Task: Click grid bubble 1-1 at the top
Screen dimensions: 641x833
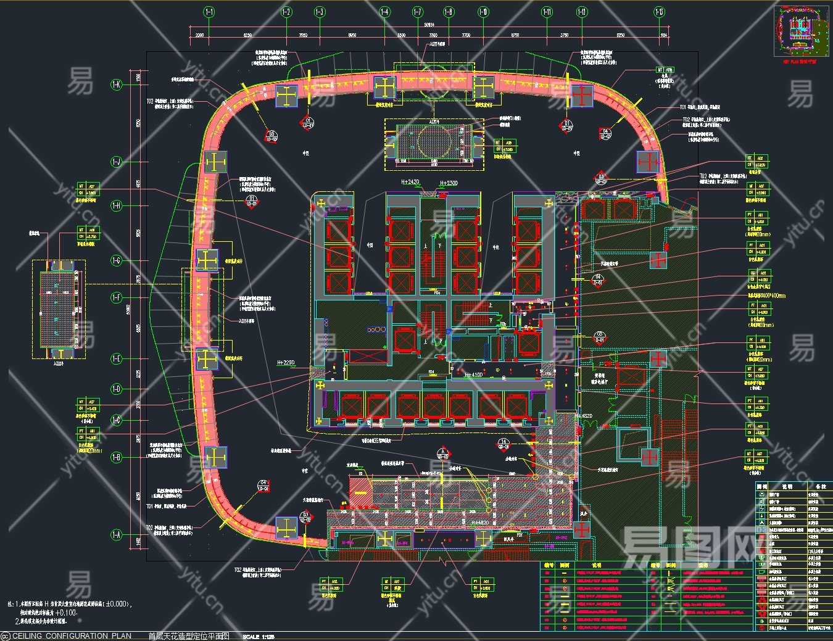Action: (209, 12)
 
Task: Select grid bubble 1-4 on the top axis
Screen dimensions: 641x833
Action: (384, 12)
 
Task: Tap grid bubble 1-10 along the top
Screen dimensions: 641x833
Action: (483, 12)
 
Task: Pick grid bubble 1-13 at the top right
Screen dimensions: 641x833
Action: (660, 12)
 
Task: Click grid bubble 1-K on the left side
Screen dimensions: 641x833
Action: (117, 85)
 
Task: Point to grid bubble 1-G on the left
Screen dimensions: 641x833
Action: (117, 260)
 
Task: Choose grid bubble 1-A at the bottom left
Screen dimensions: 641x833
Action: (117, 535)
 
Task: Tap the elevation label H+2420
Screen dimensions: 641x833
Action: (410, 183)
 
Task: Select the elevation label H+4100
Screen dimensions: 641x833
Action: (473, 375)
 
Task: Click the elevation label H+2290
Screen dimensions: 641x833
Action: (286, 363)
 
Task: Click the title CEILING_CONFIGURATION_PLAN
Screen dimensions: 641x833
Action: (72, 636)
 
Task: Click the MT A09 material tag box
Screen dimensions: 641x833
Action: (665, 70)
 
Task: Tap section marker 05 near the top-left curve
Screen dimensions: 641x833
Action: (271, 136)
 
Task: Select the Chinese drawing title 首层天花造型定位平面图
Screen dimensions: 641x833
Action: (189, 636)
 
